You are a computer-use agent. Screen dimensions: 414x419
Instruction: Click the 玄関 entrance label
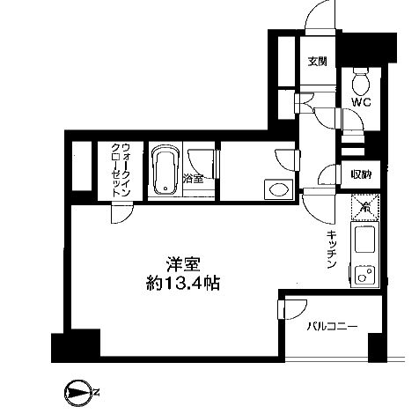[x=317, y=62]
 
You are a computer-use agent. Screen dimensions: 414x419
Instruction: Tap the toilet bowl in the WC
[x=360, y=83]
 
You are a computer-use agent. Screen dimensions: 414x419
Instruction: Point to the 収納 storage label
[x=360, y=174]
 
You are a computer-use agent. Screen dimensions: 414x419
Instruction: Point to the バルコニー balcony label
[x=333, y=327]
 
